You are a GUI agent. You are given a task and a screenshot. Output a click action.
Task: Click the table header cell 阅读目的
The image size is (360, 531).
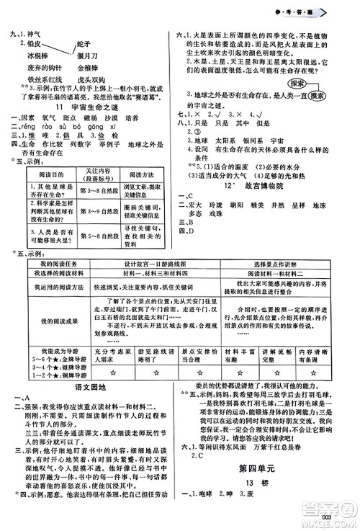click(x=36, y=174)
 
